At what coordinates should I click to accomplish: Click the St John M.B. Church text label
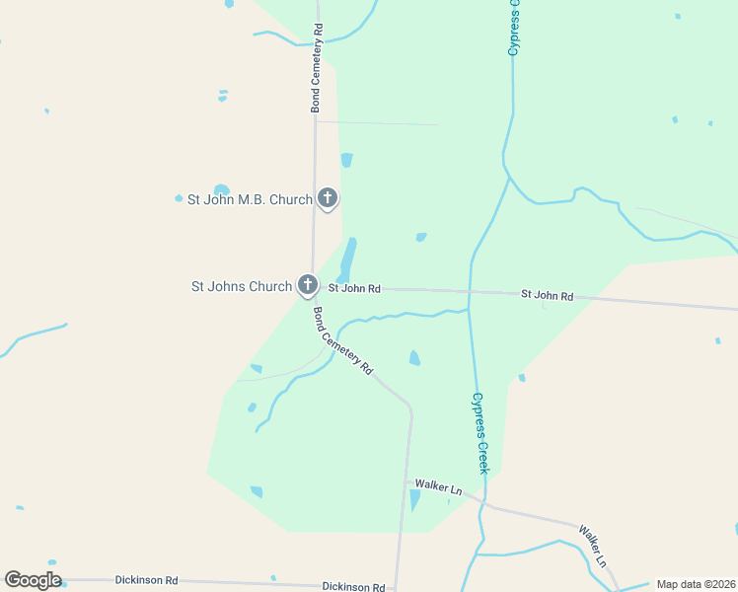[x=250, y=199]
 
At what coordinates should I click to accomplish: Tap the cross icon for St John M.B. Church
[x=328, y=198]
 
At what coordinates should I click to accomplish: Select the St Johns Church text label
[x=241, y=287]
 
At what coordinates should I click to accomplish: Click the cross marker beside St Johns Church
[x=308, y=285]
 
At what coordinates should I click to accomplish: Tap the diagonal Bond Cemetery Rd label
[x=342, y=340]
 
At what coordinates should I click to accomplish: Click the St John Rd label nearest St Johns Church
[x=354, y=289]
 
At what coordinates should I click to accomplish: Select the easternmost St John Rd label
[x=547, y=295]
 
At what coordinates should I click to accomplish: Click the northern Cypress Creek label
[x=513, y=30]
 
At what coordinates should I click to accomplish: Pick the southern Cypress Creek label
[x=480, y=432]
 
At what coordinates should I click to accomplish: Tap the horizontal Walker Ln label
[x=438, y=486]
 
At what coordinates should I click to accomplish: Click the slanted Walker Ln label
[x=593, y=547]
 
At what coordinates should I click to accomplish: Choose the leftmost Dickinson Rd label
[x=146, y=581]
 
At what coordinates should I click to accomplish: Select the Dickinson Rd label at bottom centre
[x=353, y=587]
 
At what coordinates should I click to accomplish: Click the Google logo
[x=33, y=580]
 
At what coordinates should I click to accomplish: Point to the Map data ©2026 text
[x=696, y=585]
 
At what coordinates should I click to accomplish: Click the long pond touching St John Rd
[x=348, y=259]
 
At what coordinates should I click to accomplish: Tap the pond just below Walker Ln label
[x=414, y=500]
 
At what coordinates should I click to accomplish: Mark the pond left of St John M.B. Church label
[x=221, y=189]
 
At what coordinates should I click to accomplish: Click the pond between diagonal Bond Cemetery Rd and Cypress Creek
[x=414, y=358]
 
